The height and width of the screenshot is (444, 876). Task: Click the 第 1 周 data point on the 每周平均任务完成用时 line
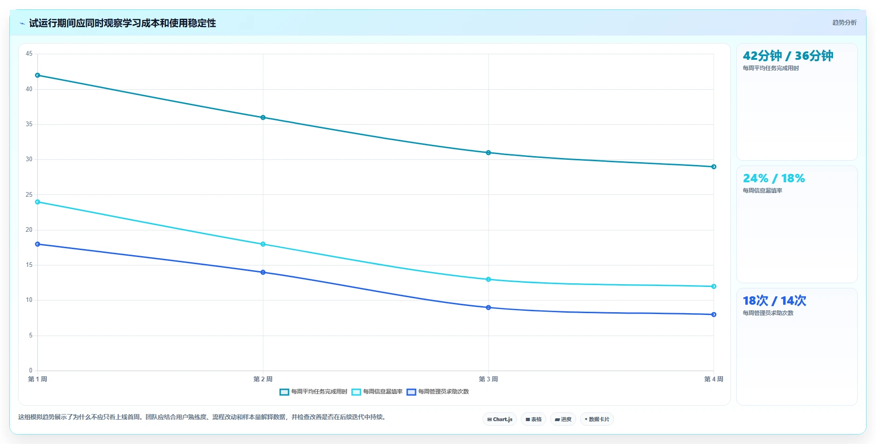coord(38,75)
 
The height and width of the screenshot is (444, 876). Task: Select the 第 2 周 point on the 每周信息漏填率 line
coord(263,244)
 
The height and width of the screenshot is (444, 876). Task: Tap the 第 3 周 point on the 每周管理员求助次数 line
coord(488,308)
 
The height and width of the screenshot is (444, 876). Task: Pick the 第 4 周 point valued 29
coord(714,167)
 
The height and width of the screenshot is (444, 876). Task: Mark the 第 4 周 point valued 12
coord(714,286)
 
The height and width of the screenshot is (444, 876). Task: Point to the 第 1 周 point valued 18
coord(38,244)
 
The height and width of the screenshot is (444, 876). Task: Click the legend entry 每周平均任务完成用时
coord(313,392)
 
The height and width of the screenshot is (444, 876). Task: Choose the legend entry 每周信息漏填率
coord(377,392)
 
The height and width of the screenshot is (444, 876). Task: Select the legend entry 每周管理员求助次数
coord(438,392)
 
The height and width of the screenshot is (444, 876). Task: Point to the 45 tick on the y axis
coord(29,54)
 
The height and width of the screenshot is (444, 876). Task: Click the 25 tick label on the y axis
coord(29,194)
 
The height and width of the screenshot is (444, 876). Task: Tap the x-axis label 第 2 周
coord(263,379)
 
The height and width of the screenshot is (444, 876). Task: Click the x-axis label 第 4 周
coord(714,379)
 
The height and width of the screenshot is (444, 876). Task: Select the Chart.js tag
coord(500,419)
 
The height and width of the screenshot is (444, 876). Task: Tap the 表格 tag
coord(533,419)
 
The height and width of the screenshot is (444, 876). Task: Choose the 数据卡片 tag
coord(597,419)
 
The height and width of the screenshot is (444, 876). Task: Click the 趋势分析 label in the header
coord(844,22)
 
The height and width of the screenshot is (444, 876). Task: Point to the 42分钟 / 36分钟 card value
coord(788,56)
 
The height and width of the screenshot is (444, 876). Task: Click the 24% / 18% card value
coord(774,178)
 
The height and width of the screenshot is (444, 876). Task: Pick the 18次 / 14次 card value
coord(774,301)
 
